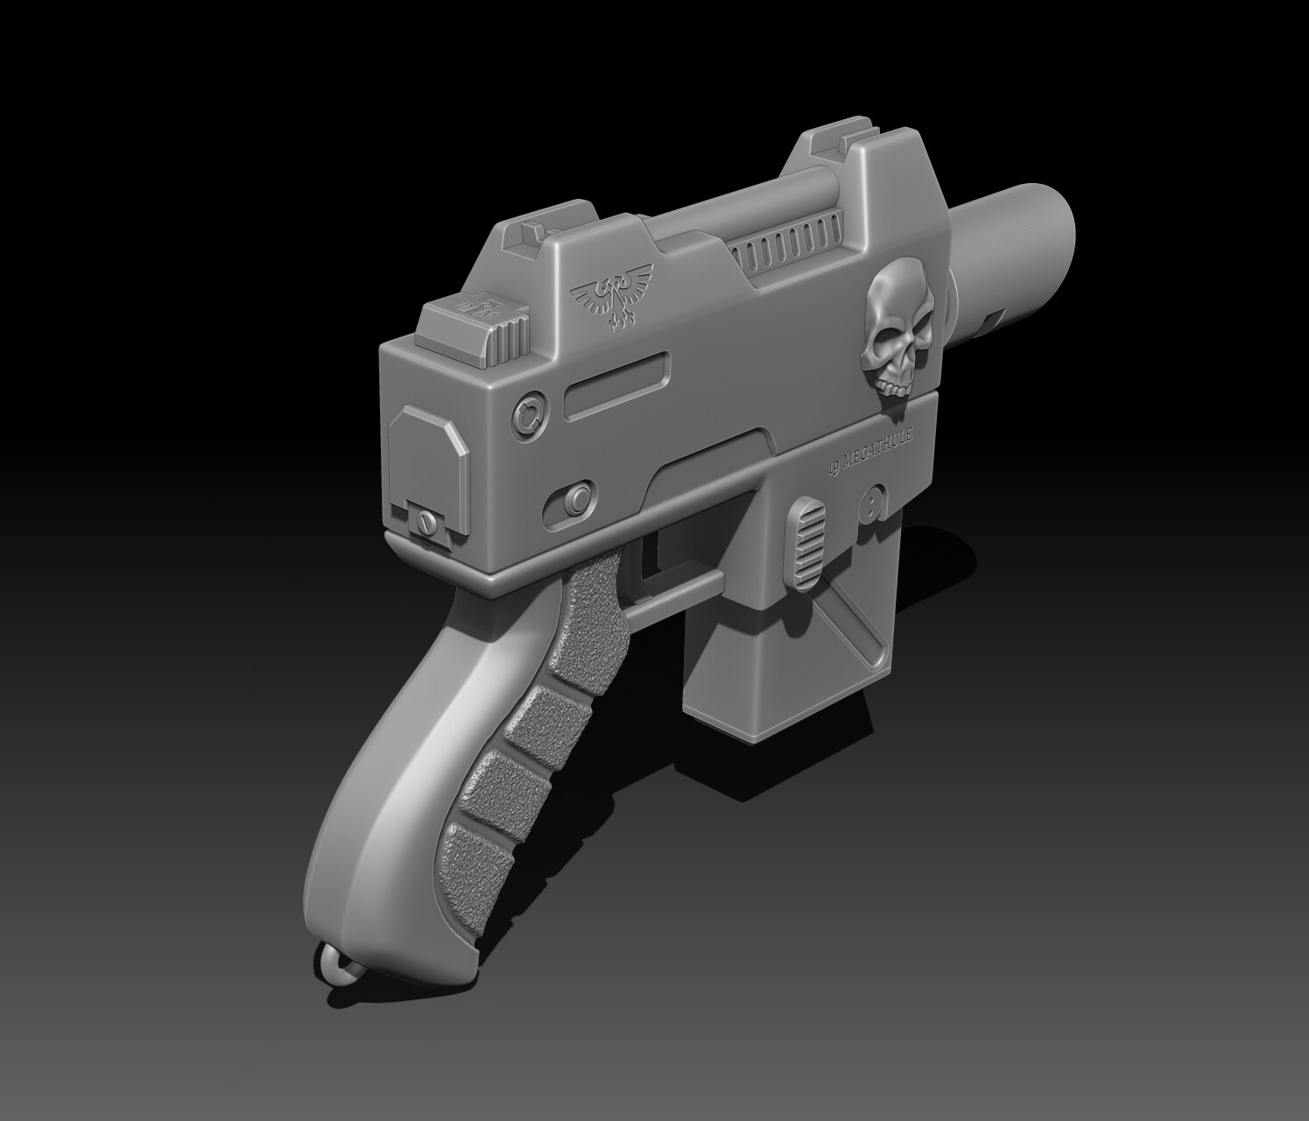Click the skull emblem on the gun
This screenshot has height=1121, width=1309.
pos(895,328)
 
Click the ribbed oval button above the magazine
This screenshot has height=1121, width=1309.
pos(811,539)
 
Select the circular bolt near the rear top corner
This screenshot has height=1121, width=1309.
pos(529,413)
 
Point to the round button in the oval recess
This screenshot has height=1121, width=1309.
pos(575,500)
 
